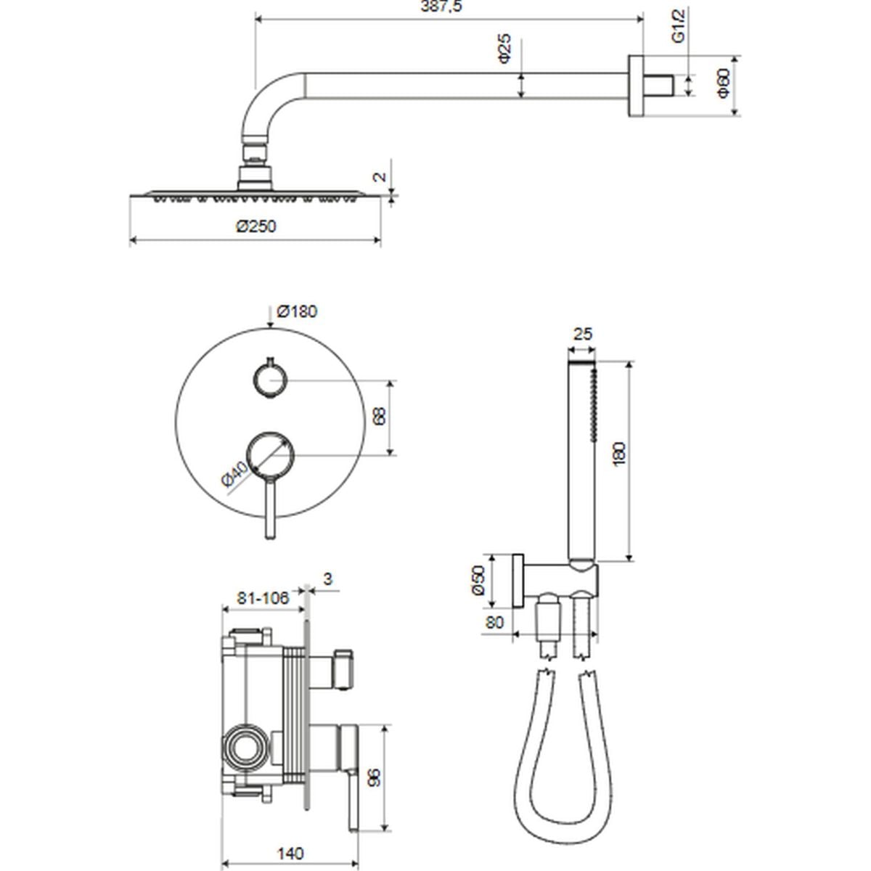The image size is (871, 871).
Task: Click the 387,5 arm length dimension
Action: click(x=441, y=7)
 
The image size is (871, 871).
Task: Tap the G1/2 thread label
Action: click(x=678, y=25)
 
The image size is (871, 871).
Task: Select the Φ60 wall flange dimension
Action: click(x=723, y=83)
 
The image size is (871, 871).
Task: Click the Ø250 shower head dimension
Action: click(x=255, y=226)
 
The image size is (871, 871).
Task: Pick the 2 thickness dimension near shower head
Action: click(x=380, y=176)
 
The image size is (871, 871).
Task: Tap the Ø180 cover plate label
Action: click(x=297, y=311)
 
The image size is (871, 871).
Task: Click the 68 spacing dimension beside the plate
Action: click(x=379, y=416)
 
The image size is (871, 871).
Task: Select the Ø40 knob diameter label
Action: click(x=234, y=475)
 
